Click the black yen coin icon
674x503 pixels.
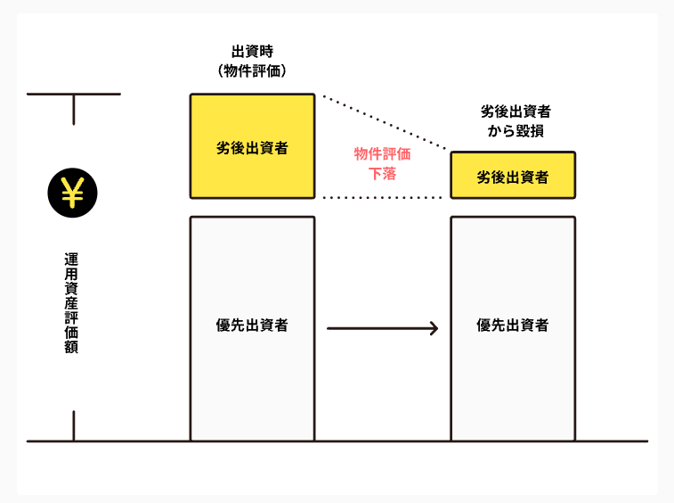[72, 193]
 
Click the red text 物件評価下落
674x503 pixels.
[382, 163]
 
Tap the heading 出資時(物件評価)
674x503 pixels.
[252, 62]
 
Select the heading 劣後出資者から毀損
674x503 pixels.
[516, 121]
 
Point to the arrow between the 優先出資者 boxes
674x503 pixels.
[382, 328]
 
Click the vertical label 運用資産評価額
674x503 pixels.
[71, 303]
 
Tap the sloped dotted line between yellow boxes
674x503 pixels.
[385, 123]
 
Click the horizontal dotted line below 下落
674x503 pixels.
[382, 198]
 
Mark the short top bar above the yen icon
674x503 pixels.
[74, 94]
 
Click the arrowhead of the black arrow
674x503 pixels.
[434, 328]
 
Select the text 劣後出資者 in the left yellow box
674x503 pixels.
[252, 148]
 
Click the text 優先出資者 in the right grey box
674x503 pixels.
[512, 326]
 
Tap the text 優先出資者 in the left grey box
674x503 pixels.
[252, 326]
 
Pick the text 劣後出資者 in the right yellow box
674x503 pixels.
[512, 177]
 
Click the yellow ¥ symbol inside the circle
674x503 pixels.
[72, 193]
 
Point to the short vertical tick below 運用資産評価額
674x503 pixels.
[74, 425]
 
